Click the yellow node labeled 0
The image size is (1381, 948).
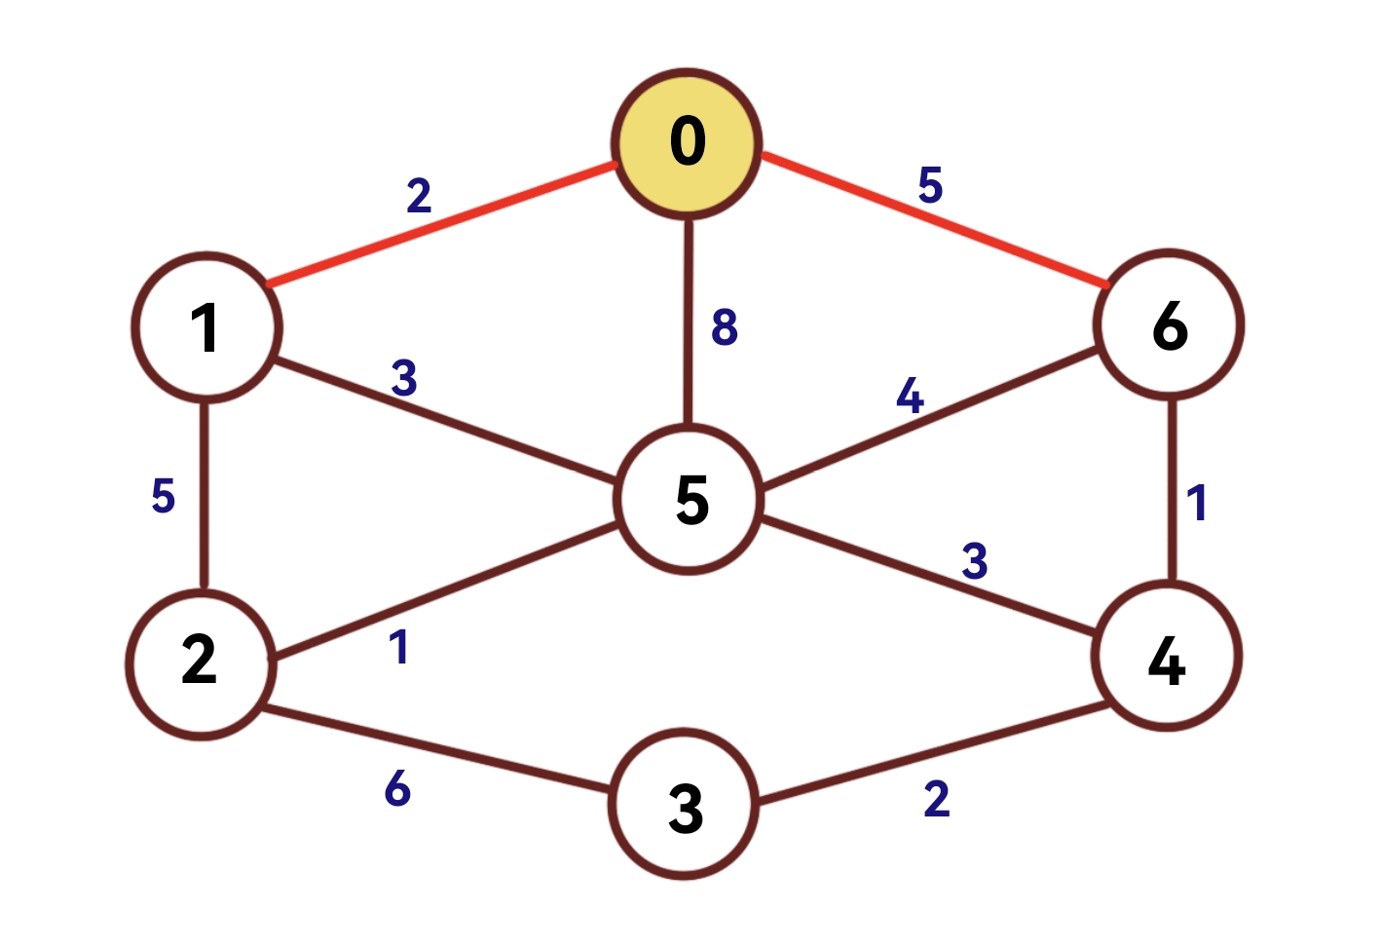click(x=687, y=142)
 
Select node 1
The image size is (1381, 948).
click(x=206, y=327)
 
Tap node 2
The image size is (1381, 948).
click(x=201, y=663)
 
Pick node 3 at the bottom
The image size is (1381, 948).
click(x=685, y=805)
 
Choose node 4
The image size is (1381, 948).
click(x=1167, y=656)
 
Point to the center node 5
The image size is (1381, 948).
click(x=690, y=500)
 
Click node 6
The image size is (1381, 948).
click(x=1169, y=324)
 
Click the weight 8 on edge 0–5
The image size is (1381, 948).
click(x=725, y=327)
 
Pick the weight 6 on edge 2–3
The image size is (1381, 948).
click(x=397, y=788)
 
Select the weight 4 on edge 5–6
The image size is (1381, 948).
click(x=910, y=396)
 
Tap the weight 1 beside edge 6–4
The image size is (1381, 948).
click(x=1197, y=503)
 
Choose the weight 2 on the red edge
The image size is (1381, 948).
click(x=419, y=196)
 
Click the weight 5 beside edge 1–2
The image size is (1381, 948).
click(x=164, y=496)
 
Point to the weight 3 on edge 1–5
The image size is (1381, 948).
click(x=404, y=378)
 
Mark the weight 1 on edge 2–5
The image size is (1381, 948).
click(x=399, y=647)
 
